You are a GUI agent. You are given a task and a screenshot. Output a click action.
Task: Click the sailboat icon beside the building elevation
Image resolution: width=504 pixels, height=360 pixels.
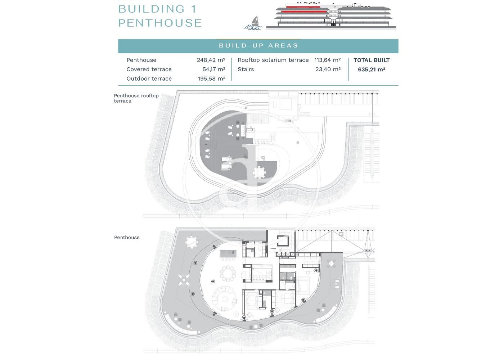click(253, 23)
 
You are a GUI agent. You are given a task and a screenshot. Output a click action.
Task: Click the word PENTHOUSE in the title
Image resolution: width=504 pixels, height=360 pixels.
click(160, 23)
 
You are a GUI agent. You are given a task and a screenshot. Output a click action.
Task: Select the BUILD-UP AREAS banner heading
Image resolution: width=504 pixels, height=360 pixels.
click(258, 46)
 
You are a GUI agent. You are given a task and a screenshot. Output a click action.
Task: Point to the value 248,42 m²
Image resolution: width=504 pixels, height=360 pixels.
click(211, 60)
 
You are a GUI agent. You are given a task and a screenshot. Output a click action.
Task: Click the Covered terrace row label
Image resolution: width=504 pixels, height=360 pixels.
click(149, 69)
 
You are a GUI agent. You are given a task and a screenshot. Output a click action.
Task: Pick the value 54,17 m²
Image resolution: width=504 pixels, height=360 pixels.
click(214, 69)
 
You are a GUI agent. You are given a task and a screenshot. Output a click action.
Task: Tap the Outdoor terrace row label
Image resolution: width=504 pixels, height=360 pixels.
click(149, 78)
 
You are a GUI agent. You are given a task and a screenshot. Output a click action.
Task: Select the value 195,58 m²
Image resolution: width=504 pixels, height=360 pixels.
click(212, 78)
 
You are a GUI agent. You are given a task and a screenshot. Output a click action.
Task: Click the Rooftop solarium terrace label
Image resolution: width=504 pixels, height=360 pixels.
click(273, 60)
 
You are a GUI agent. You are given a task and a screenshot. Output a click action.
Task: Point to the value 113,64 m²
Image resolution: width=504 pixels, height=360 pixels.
click(327, 60)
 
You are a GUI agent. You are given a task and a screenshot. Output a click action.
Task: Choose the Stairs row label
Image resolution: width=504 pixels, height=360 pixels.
click(246, 69)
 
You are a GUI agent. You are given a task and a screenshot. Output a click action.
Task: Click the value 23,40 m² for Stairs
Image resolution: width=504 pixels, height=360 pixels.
click(328, 69)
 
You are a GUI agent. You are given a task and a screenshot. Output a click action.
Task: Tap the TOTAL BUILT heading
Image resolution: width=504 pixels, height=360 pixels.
click(372, 60)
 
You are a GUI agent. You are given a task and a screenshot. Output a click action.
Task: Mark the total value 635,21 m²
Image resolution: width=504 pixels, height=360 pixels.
click(372, 69)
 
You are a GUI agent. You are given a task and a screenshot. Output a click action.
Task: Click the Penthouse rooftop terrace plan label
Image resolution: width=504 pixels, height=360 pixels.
click(136, 98)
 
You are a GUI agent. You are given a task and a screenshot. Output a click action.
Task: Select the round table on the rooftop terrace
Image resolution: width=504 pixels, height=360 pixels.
click(260, 172)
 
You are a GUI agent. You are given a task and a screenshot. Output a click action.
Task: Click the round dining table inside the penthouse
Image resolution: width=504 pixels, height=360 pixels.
click(228, 274)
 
